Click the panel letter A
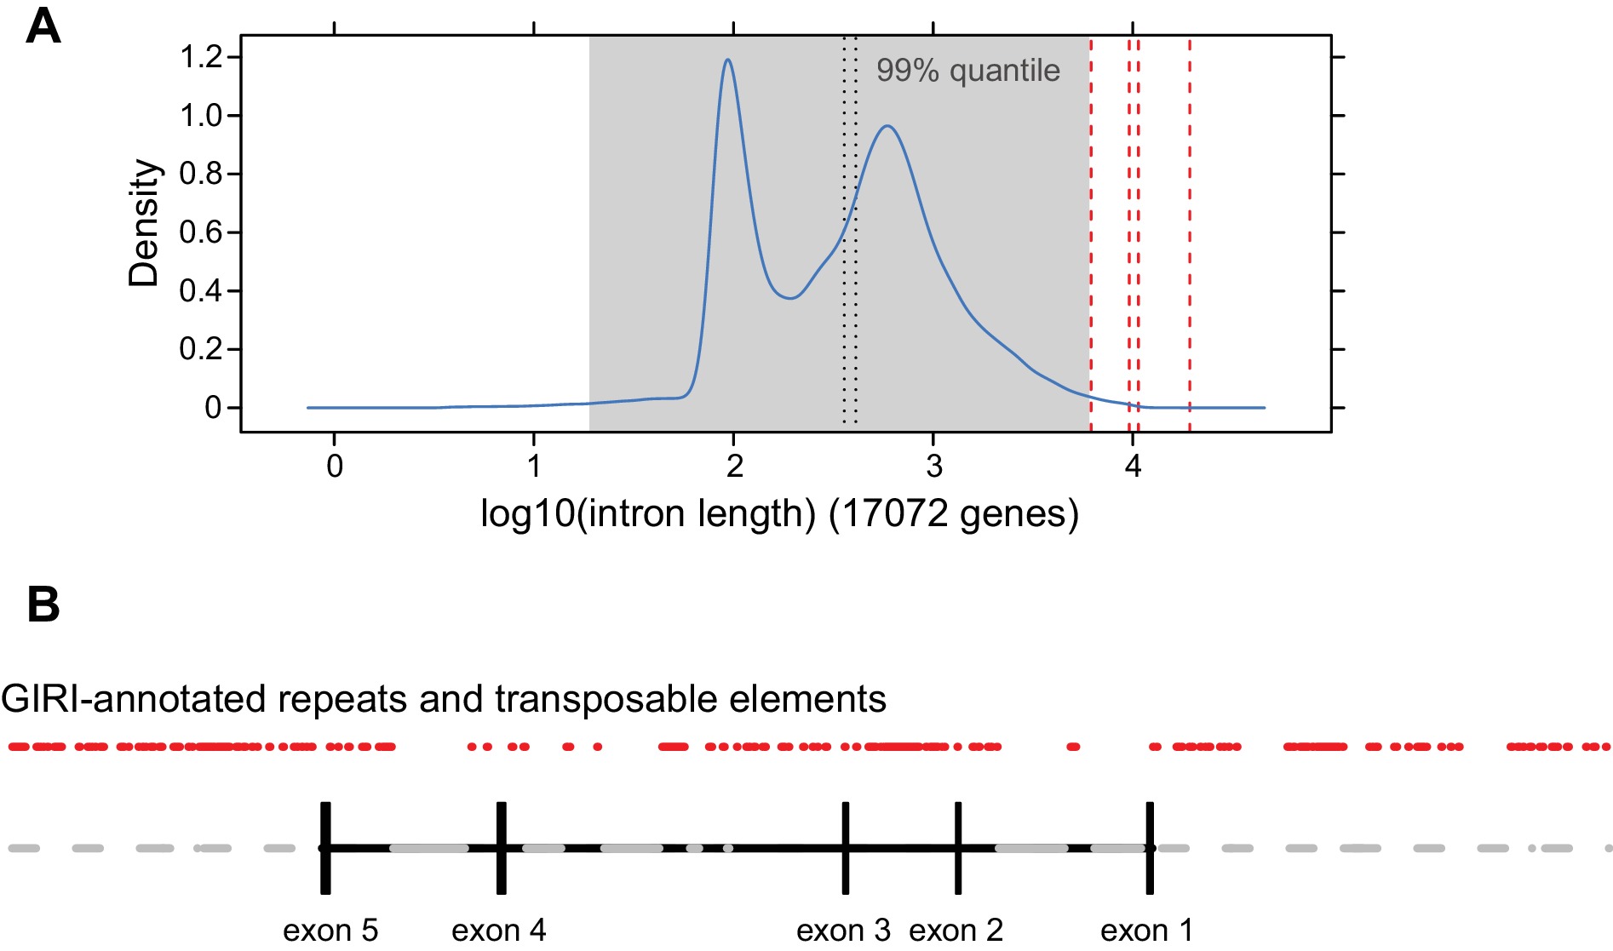43,27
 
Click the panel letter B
43,604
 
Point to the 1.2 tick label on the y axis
200,57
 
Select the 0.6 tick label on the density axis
200,232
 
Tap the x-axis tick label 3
934,466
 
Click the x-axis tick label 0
335,466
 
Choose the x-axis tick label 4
1133,466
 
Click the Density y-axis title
144,223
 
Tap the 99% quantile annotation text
968,71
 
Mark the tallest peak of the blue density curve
728,60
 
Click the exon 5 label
330,931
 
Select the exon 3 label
843,931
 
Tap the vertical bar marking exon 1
1150,848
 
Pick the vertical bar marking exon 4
502,848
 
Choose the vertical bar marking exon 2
958,848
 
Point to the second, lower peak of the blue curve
887,127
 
